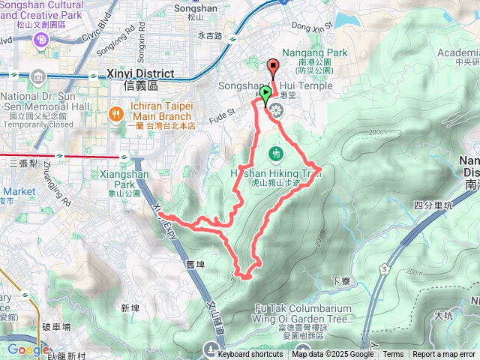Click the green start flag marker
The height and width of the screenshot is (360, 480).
[267, 94]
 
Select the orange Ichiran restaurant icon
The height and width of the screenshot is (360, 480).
[115, 113]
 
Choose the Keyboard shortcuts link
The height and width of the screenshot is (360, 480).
[250, 355]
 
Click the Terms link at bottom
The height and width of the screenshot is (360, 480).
[393, 355]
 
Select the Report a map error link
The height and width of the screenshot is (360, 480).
[444, 355]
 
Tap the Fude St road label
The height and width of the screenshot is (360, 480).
[221, 113]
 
